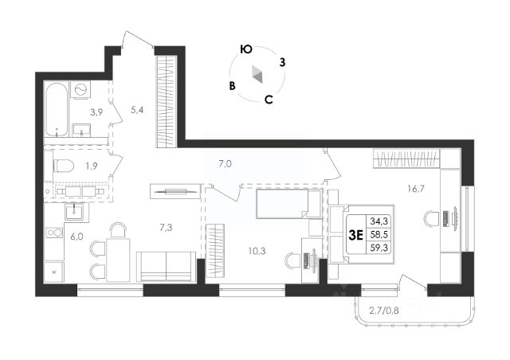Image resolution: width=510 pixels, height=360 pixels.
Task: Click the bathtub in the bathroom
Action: click(57, 109)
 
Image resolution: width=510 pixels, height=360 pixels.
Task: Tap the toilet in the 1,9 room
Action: click(63, 166)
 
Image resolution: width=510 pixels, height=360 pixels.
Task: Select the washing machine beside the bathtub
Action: click(80, 88)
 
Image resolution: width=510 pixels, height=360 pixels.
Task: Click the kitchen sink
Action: click(74, 212)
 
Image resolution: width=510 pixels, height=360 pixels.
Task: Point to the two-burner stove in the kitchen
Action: click(54, 233)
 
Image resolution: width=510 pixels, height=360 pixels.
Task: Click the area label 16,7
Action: click(416, 189)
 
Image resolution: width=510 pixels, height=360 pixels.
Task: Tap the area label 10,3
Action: click(257, 251)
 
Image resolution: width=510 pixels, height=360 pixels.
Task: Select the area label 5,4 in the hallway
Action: click(137, 110)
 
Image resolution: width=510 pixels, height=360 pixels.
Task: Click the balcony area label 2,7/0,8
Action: click(384, 311)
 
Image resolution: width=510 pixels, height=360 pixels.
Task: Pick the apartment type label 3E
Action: click(355, 235)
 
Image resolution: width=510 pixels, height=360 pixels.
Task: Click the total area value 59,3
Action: click(379, 248)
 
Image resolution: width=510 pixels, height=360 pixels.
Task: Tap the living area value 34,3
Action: click(379, 221)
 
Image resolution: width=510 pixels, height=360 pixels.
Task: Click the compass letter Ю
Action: click(246, 49)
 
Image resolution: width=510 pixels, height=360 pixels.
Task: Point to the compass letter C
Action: click(269, 100)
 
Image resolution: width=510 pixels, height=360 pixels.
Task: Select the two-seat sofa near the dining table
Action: click(167, 266)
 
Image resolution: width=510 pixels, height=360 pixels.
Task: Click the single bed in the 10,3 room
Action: click(288, 204)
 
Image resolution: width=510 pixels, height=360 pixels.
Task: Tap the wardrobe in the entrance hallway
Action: click(167, 101)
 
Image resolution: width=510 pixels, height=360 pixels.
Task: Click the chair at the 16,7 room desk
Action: click(432, 218)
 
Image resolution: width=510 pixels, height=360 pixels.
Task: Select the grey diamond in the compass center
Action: click(257, 74)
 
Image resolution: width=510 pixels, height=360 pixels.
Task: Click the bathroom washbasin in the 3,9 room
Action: click(81, 130)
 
